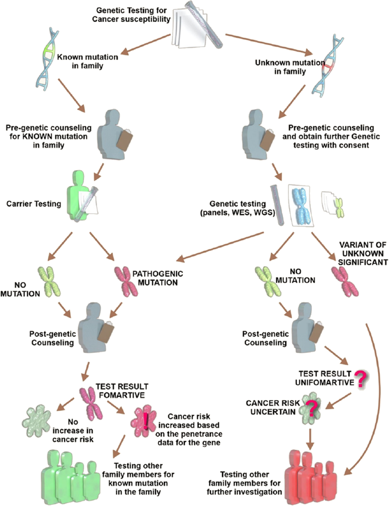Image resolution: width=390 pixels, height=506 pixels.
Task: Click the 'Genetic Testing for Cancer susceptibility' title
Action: click(x=131, y=15)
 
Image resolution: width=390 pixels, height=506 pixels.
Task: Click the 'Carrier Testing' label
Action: click(x=34, y=204)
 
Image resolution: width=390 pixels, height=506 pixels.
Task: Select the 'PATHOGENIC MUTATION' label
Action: click(x=158, y=278)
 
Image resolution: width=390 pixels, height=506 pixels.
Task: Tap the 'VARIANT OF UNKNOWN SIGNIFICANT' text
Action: click(x=363, y=253)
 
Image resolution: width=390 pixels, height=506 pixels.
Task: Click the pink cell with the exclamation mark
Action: click(x=143, y=421)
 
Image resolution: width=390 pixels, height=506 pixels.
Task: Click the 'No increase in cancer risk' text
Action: click(x=73, y=431)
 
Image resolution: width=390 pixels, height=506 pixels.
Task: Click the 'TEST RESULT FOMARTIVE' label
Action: click(x=122, y=391)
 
